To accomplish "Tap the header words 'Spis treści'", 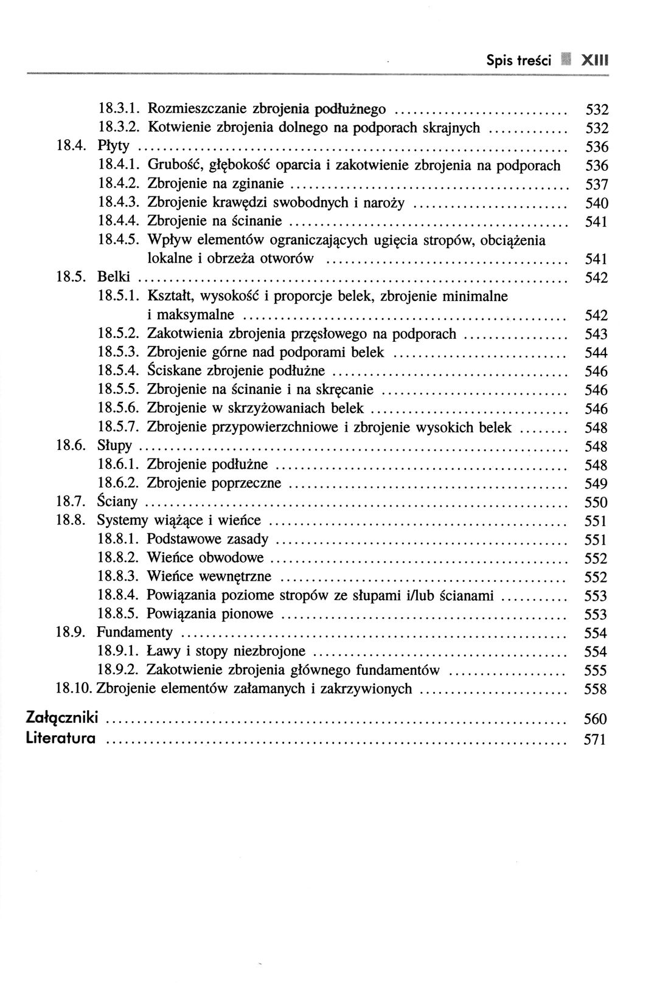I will click(518, 61).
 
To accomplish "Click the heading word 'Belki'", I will click(114, 277).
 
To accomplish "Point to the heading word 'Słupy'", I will click(114, 446).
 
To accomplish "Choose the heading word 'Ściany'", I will click(117, 502).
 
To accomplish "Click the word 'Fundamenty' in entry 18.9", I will click(135, 632).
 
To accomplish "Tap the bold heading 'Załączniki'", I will click(63, 718).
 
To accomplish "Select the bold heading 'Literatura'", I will click(61, 739).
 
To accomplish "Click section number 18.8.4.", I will click(119, 595).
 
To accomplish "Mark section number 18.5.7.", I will click(119, 427).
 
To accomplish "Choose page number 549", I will click(596, 484).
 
